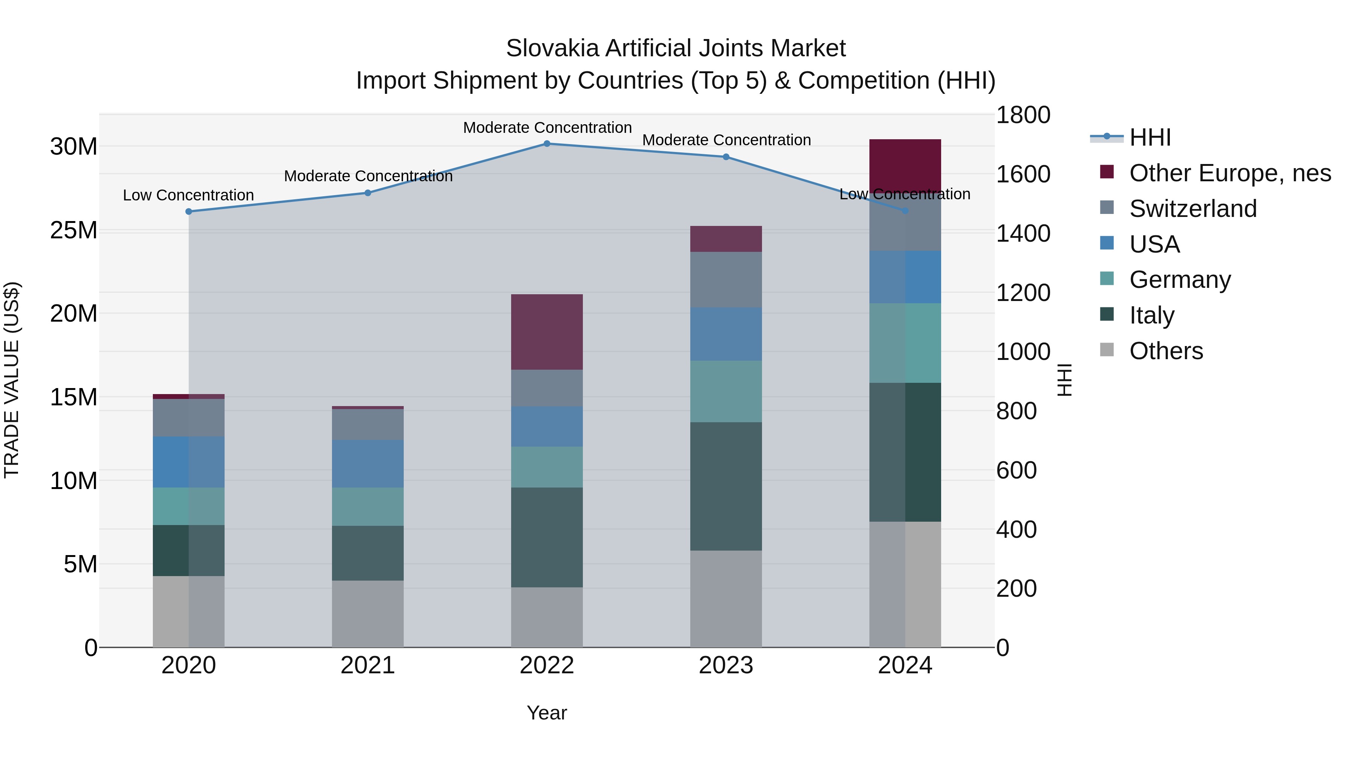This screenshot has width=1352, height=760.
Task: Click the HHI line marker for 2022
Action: (x=546, y=144)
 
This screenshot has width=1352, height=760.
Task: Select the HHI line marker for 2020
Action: (x=189, y=211)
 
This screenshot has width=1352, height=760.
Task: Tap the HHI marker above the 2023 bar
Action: (x=726, y=157)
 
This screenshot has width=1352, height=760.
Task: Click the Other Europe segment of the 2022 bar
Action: (x=546, y=332)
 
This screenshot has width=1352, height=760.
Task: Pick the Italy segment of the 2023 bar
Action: (x=726, y=486)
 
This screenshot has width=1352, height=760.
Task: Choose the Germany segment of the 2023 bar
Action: (x=726, y=391)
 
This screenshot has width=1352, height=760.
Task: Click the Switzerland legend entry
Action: (x=1192, y=209)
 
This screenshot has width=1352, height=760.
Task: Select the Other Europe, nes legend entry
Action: (x=1230, y=173)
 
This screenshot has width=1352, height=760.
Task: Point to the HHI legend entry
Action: (x=1150, y=137)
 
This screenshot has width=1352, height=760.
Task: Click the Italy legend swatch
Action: (x=1107, y=314)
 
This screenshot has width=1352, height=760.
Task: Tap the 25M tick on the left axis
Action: (x=74, y=231)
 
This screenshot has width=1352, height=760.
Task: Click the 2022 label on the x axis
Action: (x=546, y=665)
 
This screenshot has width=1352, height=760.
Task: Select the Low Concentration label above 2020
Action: (x=189, y=195)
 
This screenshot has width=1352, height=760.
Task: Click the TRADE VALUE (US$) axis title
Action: (x=12, y=380)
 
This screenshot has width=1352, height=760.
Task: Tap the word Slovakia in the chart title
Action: (x=552, y=48)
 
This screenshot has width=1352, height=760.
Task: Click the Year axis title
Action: (x=546, y=713)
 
